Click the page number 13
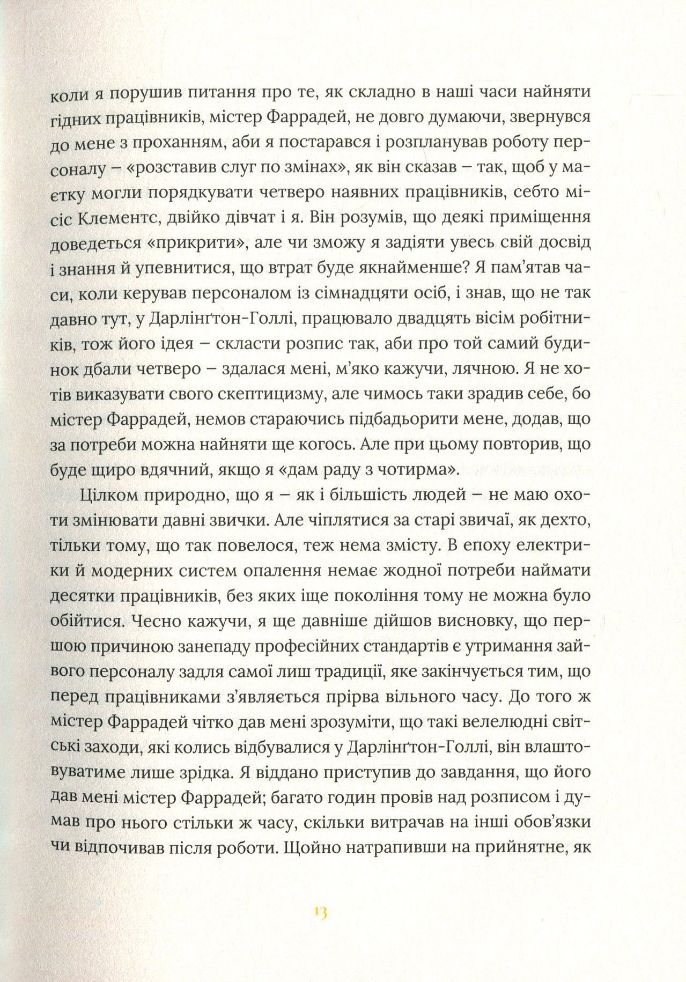click(x=322, y=913)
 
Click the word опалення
click(x=323, y=572)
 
